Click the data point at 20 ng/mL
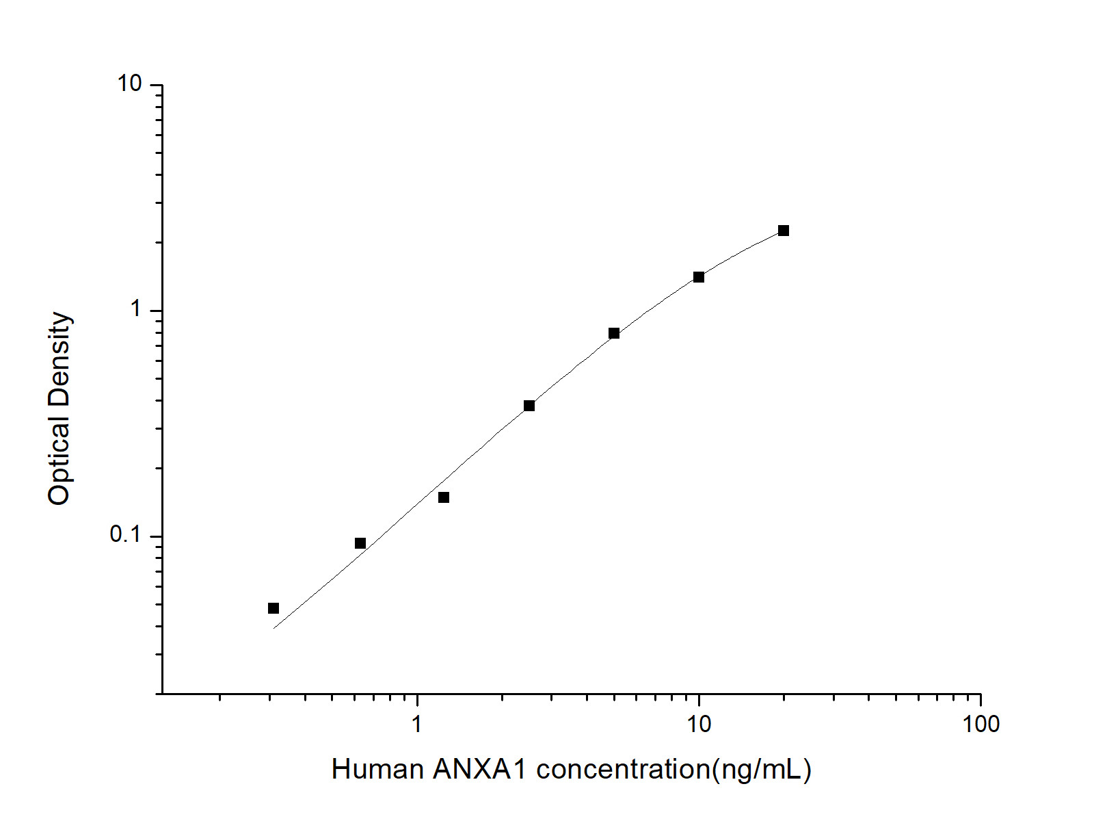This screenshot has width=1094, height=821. click(x=784, y=231)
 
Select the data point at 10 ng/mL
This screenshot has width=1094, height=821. click(x=699, y=277)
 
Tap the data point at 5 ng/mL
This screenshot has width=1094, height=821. click(x=614, y=333)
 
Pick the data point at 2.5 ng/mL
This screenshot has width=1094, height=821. click(x=529, y=406)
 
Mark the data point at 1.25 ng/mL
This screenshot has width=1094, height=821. click(x=444, y=497)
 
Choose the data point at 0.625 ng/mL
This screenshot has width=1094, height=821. click(x=360, y=543)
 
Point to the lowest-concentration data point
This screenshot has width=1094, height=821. click(x=273, y=608)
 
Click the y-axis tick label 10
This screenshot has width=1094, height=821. click(x=130, y=84)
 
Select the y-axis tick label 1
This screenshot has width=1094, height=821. click(x=136, y=310)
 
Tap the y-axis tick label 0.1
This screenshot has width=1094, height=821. click(x=125, y=535)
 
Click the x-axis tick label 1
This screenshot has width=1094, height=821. click(x=417, y=724)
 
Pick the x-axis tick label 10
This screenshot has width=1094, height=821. click(x=699, y=724)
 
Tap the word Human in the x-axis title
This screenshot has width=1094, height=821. click(x=377, y=770)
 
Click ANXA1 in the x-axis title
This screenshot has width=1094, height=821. click(x=480, y=770)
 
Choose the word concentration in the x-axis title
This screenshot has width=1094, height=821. click(x=624, y=770)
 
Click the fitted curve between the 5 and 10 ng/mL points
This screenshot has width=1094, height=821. click(x=656, y=303)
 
